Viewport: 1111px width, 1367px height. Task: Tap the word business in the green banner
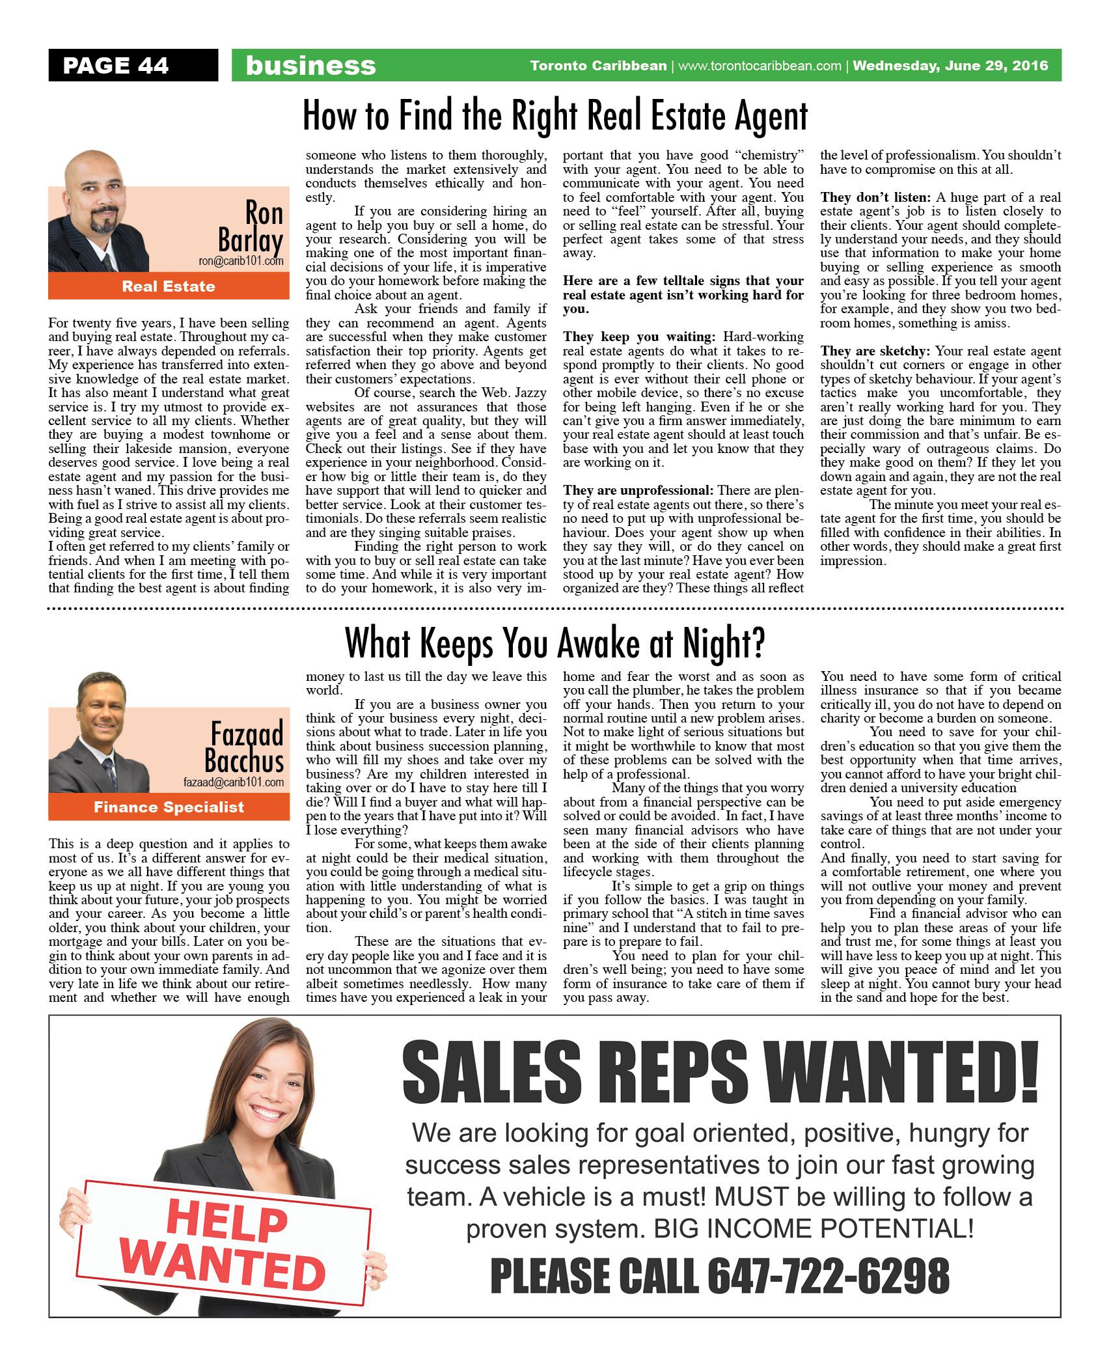(x=310, y=66)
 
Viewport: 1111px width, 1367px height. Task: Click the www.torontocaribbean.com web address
(x=760, y=66)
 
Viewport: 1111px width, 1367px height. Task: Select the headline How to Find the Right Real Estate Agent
(x=555, y=116)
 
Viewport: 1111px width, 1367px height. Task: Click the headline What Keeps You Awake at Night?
(x=555, y=643)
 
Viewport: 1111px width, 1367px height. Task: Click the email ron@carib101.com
(x=241, y=261)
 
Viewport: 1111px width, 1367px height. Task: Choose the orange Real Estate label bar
(x=169, y=286)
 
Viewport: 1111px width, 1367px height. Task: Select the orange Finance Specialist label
(x=169, y=807)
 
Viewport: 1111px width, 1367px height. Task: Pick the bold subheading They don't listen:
(x=876, y=197)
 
